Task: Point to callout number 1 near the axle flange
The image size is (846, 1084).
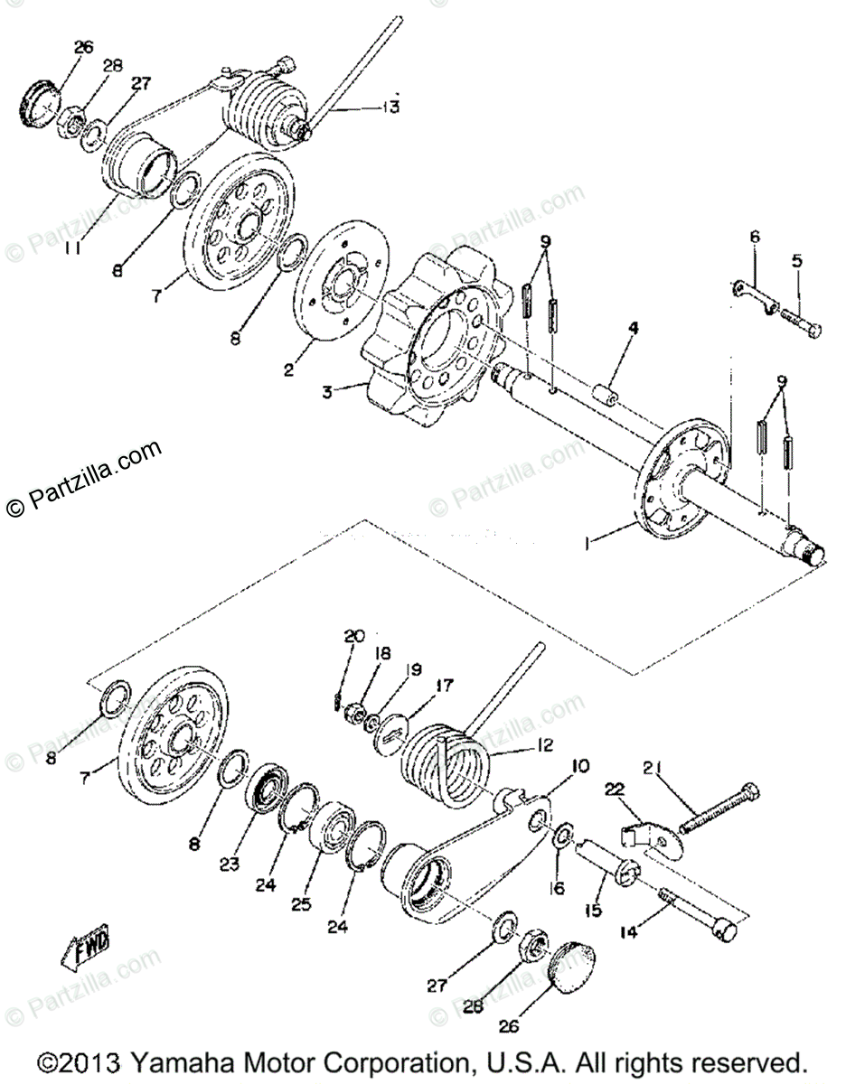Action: [x=588, y=543]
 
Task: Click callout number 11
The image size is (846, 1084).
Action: [x=75, y=246]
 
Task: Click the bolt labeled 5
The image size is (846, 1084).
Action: [x=800, y=322]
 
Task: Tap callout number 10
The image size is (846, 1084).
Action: [x=578, y=766]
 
